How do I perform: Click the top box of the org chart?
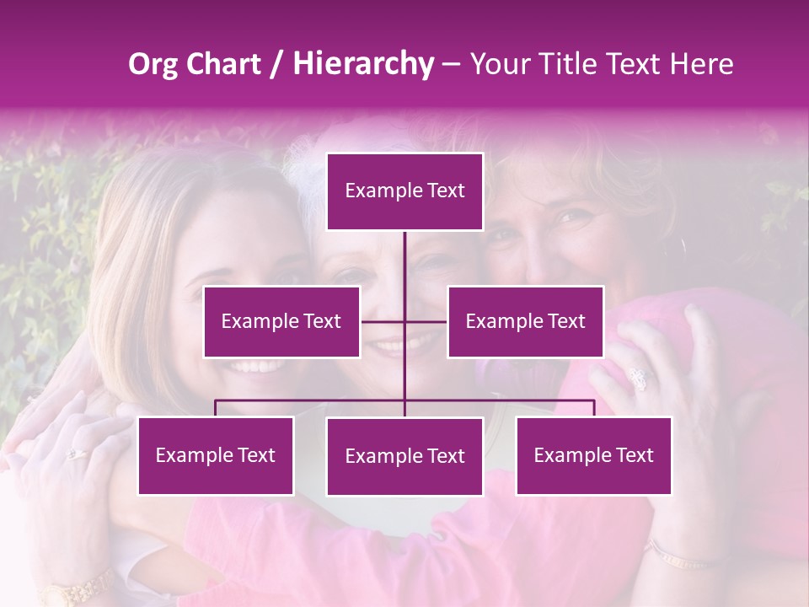click(x=404, y=191)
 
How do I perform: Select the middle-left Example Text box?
click(x=281, y=321)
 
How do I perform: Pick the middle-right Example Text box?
click(x=525, y=321)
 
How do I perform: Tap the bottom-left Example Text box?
click(x=216, y=455)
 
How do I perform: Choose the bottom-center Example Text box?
click(x=404, y=456)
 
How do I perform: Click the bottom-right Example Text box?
click(x=593, y=455)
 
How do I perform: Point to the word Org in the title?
click(x=153, y=64)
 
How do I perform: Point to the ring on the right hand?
click(x=638, y=379)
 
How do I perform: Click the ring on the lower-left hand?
click(x=76, y=454)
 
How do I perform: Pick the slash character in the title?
click(x=276, y=64)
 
